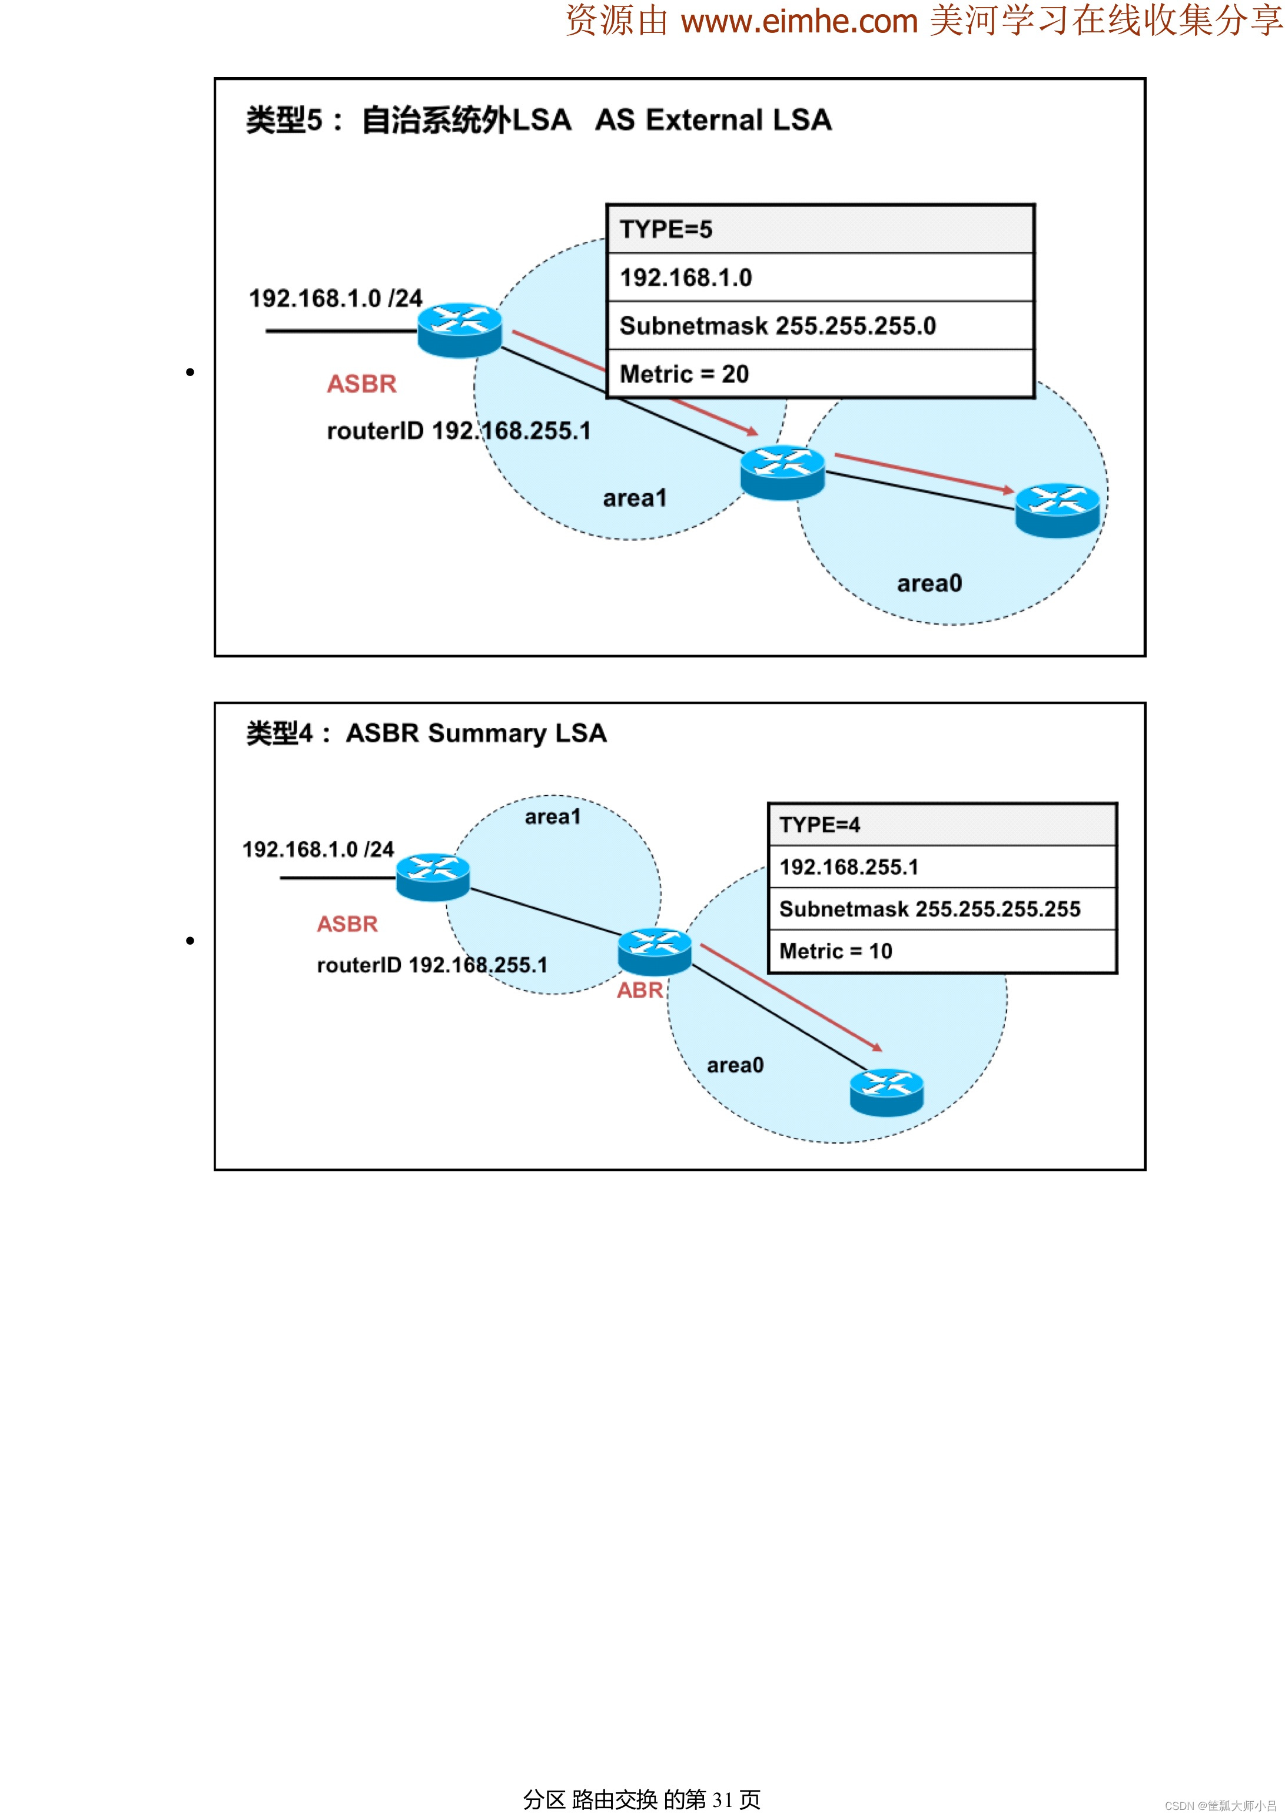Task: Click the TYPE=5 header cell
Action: click(820, 230)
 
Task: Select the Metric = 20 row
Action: click(820, 374)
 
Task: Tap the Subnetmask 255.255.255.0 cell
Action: click(820, 325)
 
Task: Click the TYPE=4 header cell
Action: click(942, 825)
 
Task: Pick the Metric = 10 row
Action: click(942, 951)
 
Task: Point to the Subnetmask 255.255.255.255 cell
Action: click(942, 909)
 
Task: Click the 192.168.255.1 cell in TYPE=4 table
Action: click(942, 866)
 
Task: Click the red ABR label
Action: click(639, 990)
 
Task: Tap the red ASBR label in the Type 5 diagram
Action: click(361, 384)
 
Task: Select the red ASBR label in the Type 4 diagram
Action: click(347, 924)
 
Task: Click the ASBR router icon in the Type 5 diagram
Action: click(460, 329)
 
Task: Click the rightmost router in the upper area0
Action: click(1057, 510)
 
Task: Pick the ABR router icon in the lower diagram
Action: click(655, 951)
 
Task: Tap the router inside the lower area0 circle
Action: click(886, 1092)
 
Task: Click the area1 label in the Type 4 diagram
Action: click(552, 817)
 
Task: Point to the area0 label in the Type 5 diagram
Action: click(929, 584)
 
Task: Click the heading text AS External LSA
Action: click(713, 120)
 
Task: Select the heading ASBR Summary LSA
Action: click(476, 733)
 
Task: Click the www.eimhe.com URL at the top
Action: click(798, 21)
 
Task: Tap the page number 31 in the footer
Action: click(722, 1799)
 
